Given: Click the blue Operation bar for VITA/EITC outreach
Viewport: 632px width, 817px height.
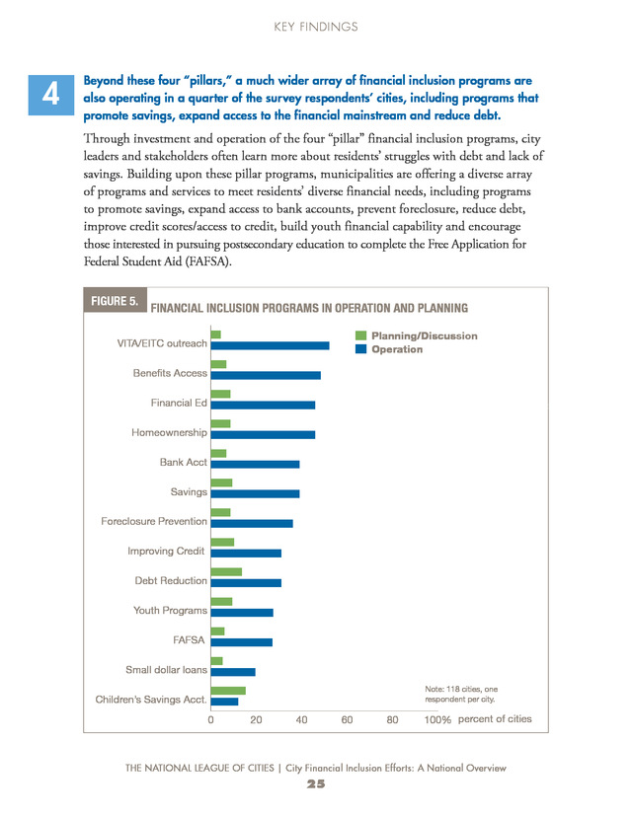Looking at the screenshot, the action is tap(271, 345).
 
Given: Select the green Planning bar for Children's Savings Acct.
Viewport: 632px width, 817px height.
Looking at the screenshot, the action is tap(228, 691).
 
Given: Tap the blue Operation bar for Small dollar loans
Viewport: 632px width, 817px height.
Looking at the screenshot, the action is tap(233, 672).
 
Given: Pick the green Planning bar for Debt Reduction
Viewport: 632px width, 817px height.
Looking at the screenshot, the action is tap(226, 572).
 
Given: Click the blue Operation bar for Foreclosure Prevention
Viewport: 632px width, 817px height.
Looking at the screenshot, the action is tap(252, 524).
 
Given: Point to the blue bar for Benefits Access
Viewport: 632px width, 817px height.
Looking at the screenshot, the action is tap(266, 375).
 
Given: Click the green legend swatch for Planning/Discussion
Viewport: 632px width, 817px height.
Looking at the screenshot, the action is tap(360, 335).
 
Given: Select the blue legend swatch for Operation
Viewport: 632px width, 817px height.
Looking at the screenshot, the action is tap(360, 349).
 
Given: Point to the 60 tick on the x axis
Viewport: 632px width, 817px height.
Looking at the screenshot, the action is tap(347, 720).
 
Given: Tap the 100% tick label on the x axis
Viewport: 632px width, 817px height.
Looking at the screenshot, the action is tap(437, 720).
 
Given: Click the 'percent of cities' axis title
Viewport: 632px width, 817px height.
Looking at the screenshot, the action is tap(495, 719).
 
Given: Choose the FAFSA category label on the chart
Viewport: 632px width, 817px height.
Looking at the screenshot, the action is tap(189, 639).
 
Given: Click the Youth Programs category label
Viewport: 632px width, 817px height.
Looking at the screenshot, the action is tap(170, 610).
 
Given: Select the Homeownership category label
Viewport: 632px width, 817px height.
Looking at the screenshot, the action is tap(169, 432).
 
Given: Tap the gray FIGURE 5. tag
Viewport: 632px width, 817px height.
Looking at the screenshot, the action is tap(116, 300).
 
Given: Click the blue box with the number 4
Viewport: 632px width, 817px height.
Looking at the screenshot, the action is tap(51, 95).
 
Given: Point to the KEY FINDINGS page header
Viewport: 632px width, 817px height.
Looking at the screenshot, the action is tap(316, 27).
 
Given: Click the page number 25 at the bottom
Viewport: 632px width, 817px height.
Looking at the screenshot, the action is tap(316, 784).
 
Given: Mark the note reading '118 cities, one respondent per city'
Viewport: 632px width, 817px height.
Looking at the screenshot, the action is tap(461, 694).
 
